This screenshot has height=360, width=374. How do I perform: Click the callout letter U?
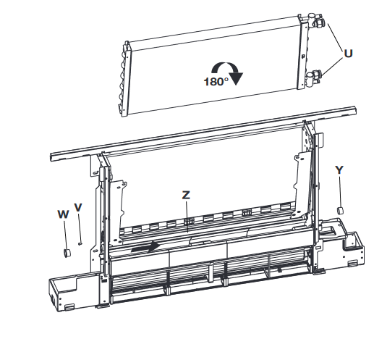[x=348, y=54]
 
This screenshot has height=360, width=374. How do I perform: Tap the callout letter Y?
[x=339, y=170]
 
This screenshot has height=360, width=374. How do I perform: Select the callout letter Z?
[x=186, y=195]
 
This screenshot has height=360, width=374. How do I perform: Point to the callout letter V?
[x=78, y=207]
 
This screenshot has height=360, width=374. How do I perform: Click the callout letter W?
[x=63, y=214]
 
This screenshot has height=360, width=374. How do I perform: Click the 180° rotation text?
[x=216, y=82]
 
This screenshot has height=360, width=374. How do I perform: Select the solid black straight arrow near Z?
[x=145, y=247]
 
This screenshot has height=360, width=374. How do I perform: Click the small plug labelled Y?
[x=340, y=210]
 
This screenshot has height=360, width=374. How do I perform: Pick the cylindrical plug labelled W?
[x=67, y=253]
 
